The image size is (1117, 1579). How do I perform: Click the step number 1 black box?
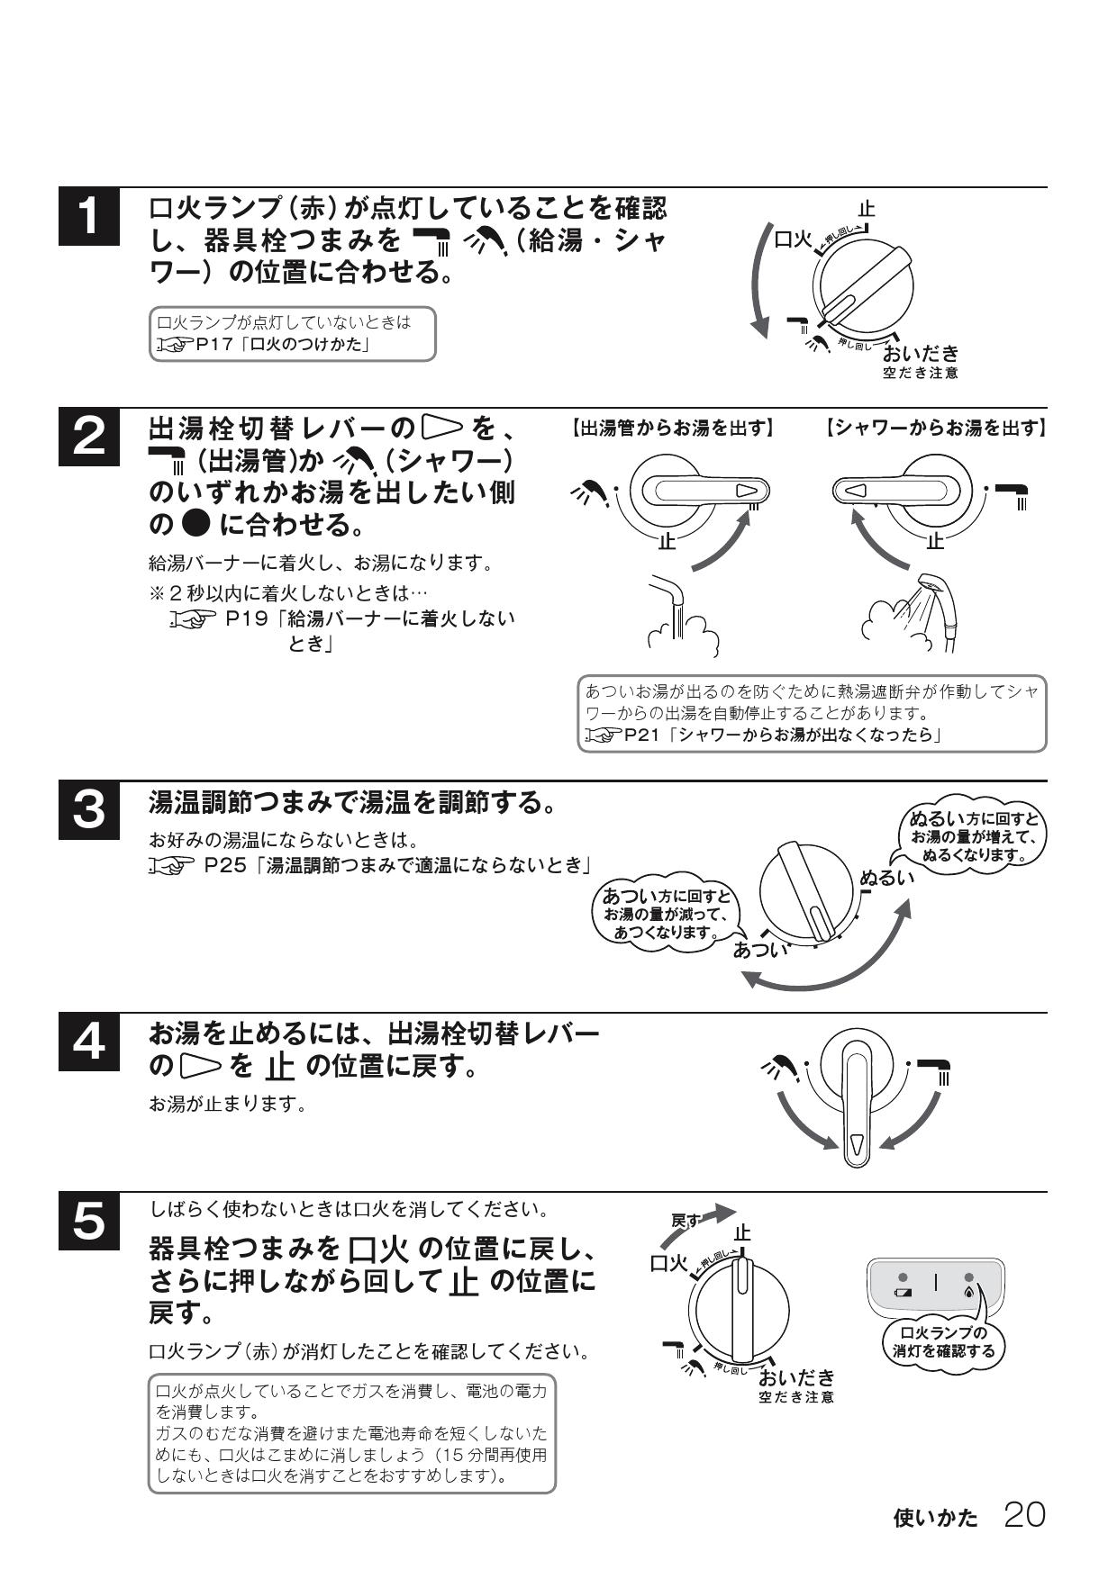(x=88, y=218)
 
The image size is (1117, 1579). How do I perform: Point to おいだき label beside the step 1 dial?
(x=921, y=354)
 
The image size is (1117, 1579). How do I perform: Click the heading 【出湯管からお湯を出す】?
(x=671, y=429)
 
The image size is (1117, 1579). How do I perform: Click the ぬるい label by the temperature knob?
(x=886, y=877)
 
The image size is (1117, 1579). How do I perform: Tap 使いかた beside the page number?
(x=935, y=1518)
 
